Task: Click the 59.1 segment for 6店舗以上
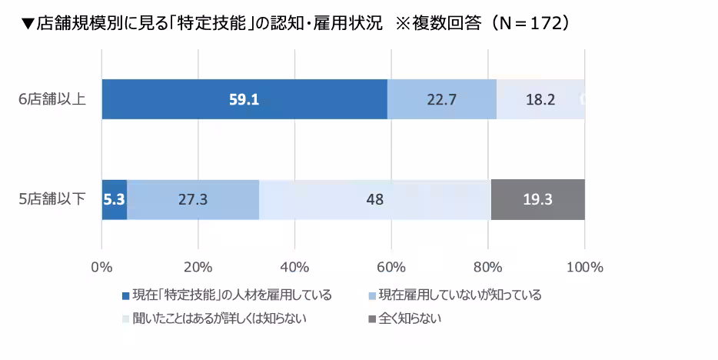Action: click(x=244, y=99)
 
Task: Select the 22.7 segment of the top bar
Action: click(x=441, y=99)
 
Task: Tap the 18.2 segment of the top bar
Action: click(x=540, y=99)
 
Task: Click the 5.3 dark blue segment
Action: click(x=114, y=199)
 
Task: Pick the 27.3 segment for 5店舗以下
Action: click(x=192, y=199)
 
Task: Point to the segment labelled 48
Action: click(x=374, y=199)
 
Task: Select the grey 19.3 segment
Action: click(x=537, y=199)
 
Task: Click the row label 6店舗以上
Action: click(x=52, y=99)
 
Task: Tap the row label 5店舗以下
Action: click(x=52, y=199)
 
